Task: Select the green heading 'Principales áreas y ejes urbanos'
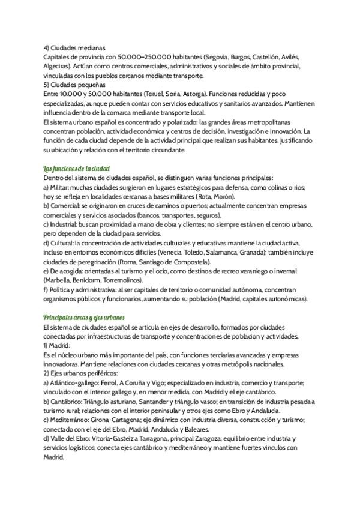pyautogui.click(x=85, y=317)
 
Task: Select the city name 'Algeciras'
pyautogui.click(x=59, y=66)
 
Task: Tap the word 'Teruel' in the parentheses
pyautogui.click(x=175, y=94)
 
